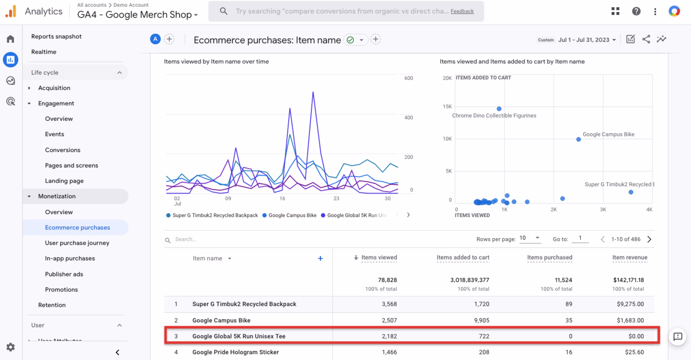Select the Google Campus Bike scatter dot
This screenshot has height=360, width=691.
click(x=578, y=139)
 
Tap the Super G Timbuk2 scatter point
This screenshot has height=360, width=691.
click(x=631, y=192)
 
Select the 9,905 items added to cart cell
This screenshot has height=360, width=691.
click(x=482, y=320)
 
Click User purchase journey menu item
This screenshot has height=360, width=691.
click(x=77, y=243)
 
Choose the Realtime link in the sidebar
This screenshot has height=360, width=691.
click(x=44, y=52)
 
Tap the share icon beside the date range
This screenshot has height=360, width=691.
click(x=646, y=39)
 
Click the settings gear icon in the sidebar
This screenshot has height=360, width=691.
click(x=10, y=347)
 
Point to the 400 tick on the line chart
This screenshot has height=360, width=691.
click(x=408, y=118)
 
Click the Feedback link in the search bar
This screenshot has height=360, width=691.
click(x=462, y=11)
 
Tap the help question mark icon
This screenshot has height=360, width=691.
click(x=636, y=11)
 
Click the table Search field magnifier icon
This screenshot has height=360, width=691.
click(x=168, y=240)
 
